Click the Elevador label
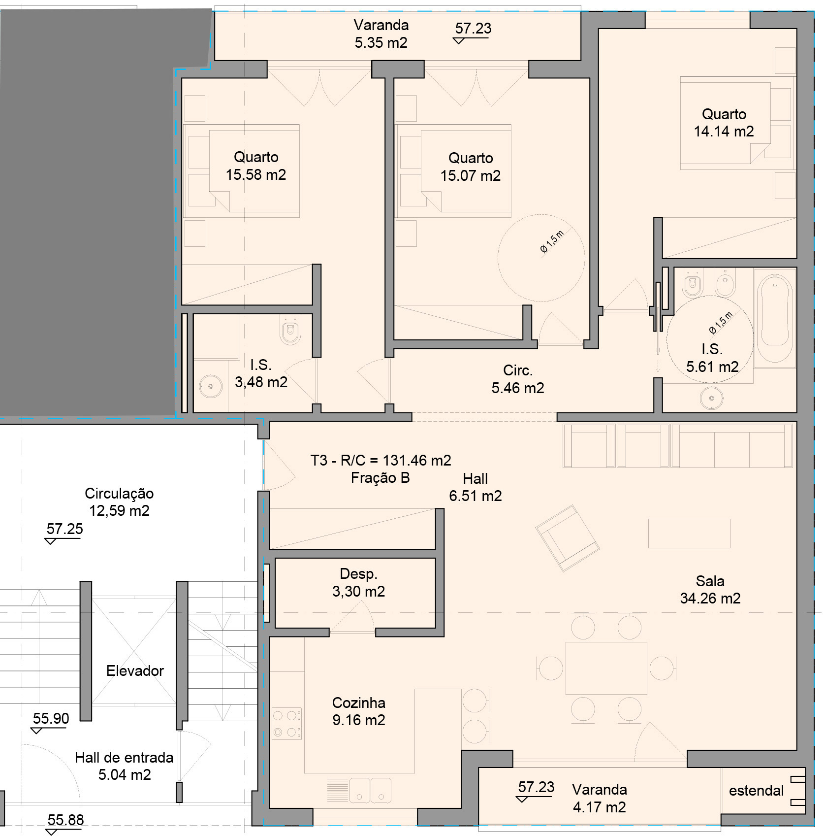coord(135,671)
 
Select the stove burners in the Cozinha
coord(286,724)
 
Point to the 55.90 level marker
coord(51,719)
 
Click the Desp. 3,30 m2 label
coord(358,583)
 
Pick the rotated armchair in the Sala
coord(567,538)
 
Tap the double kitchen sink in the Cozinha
coord(370,790)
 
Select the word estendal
coord(756,791)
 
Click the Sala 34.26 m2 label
coord(710,590)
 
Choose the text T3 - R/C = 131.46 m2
coord(381,461)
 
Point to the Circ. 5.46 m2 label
coord(518,379)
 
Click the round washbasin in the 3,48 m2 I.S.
coord(211,387)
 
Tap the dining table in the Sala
coord(606,668)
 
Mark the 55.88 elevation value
coord(65,820)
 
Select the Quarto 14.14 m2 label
coord(724,123)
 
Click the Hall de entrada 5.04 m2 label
coord(124,766)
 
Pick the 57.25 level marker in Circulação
coord(64,529)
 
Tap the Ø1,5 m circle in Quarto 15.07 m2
coord(541,258)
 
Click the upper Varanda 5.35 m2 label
coord(381,34)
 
